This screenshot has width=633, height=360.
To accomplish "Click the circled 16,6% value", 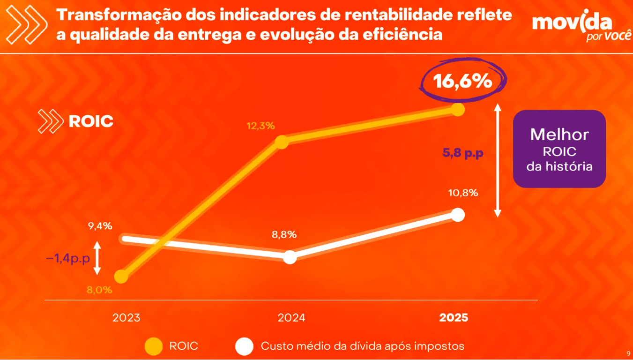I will point(462,81).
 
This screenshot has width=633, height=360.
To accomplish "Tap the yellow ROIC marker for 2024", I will point(282,142).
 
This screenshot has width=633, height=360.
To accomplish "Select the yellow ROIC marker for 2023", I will point(121,277).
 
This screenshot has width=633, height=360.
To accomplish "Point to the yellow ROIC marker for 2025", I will point(458,110).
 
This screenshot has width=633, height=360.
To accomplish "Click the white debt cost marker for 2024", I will point(290,257).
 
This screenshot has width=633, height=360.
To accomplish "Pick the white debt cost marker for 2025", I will point(458,215).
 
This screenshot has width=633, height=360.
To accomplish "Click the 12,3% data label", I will point(261,126).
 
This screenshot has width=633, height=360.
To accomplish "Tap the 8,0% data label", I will point(99,290).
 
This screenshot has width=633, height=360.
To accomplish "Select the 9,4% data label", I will point(100,226).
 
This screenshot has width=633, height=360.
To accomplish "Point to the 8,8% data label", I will point(284,235).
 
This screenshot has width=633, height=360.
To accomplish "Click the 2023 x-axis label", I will point(126,318).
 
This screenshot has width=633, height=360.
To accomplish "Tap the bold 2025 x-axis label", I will point(454,318).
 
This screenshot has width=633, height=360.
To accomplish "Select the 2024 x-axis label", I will point(291,318).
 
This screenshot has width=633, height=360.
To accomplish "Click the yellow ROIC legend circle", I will point(154,346).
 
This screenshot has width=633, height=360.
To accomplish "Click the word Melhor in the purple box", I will point(559,135).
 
